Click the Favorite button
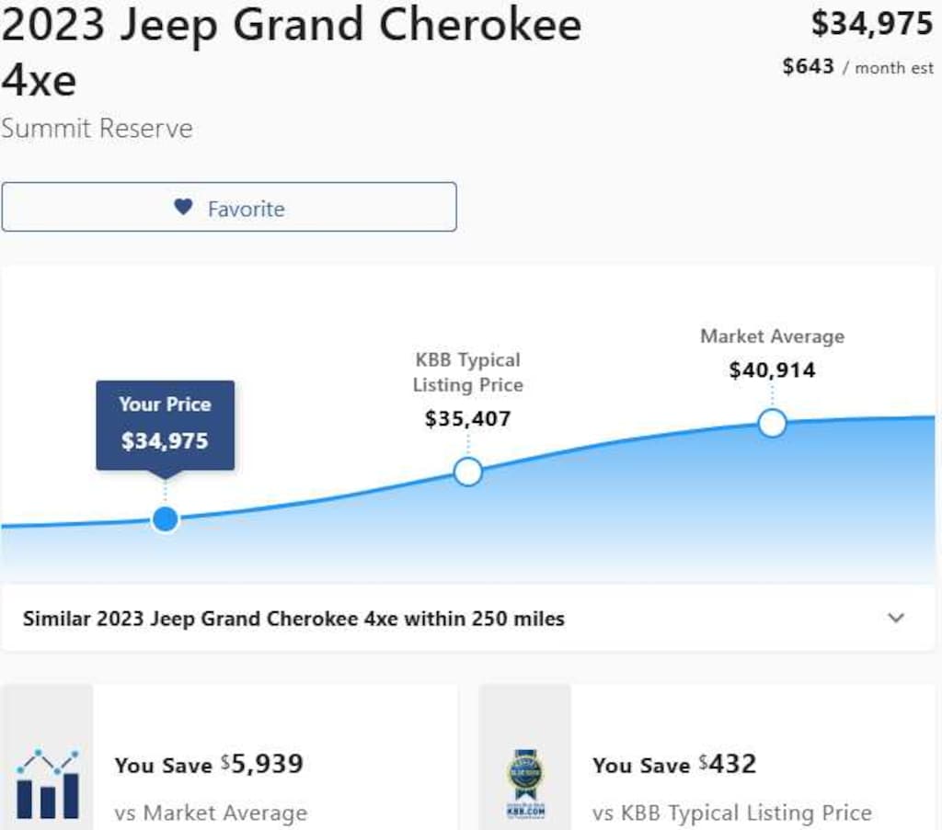tap(228, 207)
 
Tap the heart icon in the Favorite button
tap(183, 207)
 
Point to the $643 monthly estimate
tap(808, 66)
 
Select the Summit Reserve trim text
tap(97, 128)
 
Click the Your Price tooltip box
tap(166, 424)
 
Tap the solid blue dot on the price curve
tap(166, 519)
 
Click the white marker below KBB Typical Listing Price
tap(468, 472)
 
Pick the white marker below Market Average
tap(772, 423)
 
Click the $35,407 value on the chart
tap(467, 419)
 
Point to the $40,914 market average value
tap(772, 370)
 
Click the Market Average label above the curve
tap(772, 336)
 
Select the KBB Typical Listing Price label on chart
tap(467, 372)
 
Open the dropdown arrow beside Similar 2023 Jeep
tap(896, 618)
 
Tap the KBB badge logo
tap(525, 784)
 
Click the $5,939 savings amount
tap(267, 764)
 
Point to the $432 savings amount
tap(731, 764)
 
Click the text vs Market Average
tap(211, 813)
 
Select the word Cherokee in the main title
tap(480, 26)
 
